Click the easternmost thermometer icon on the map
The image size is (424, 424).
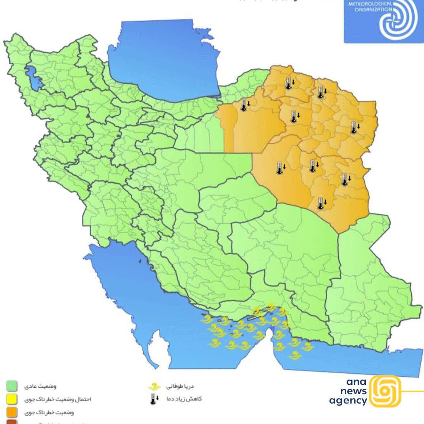pos(354,127)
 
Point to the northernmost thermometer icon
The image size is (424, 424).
pos(288,84)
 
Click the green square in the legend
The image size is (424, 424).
pos(12,386)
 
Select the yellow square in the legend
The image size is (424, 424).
pos(12,399)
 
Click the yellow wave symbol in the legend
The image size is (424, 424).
pos(153,387)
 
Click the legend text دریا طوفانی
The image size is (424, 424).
pos(180,386)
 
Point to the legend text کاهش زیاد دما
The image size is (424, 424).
pos(183,399)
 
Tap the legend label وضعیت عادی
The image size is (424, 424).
pos(40,386)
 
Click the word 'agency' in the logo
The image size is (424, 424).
pos(348,401)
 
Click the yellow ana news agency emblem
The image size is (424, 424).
pos(385,391)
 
